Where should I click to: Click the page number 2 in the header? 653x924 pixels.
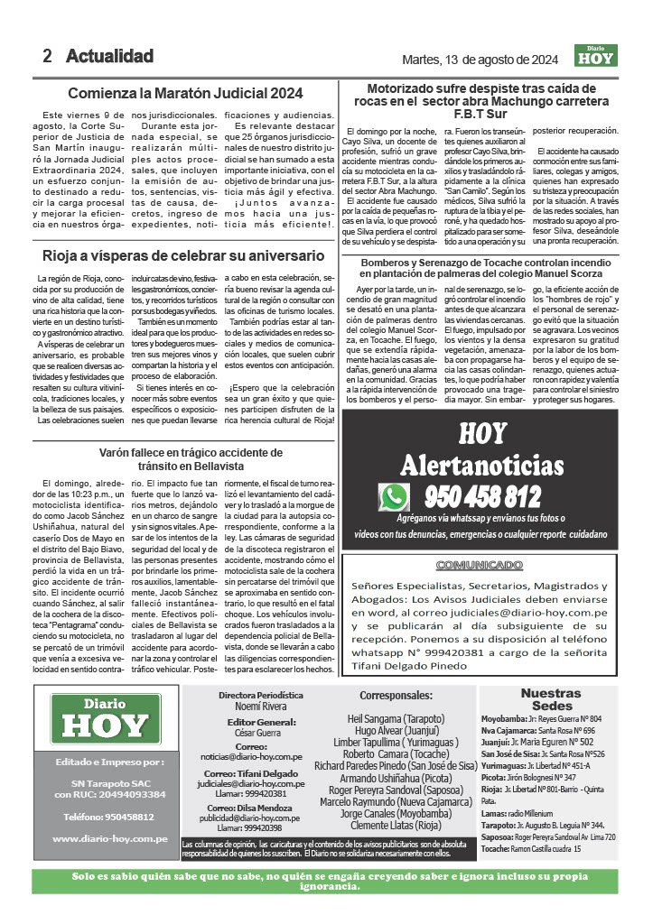(47, 56)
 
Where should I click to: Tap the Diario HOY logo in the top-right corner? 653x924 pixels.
(594, 56)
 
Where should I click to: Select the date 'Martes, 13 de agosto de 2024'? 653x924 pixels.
(480, 60)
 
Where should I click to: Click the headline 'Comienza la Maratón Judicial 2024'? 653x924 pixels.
(186, 93)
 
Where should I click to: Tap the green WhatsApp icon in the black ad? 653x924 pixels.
(394, 497)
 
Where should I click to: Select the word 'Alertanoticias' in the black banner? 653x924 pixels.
(481, 466)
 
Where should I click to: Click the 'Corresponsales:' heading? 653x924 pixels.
(396, 696)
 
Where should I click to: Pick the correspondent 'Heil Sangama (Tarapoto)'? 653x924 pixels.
(396, 718)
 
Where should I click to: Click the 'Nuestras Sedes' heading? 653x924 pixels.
(551, 699)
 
